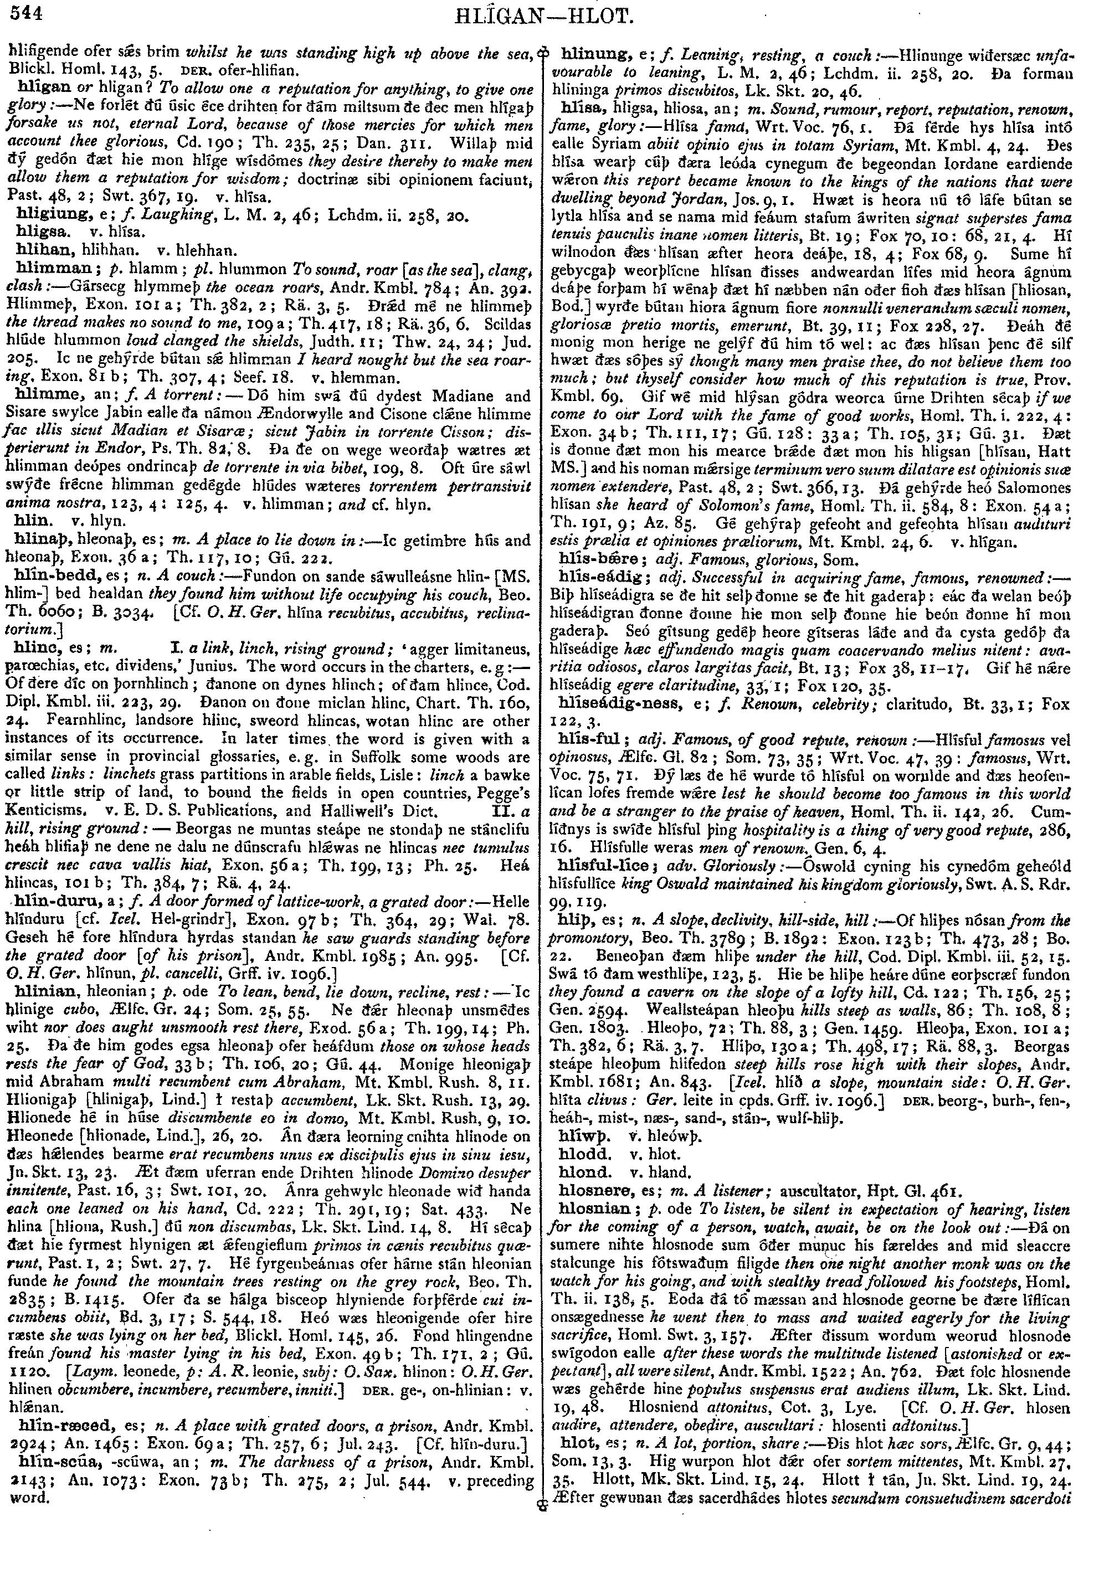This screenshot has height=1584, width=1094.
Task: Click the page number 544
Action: click(22, 12)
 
